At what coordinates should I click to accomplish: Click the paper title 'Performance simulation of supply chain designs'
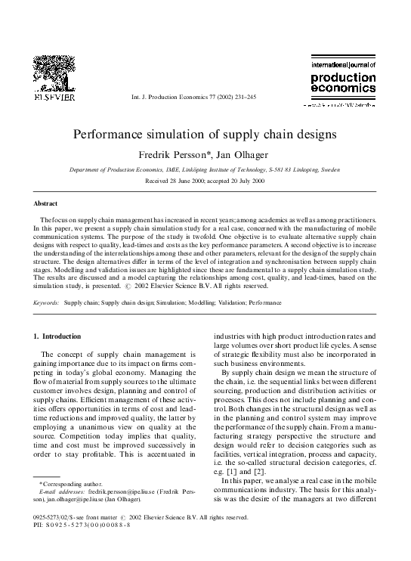[x=205, y=135]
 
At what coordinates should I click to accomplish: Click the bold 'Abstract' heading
[x=46, y=204]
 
